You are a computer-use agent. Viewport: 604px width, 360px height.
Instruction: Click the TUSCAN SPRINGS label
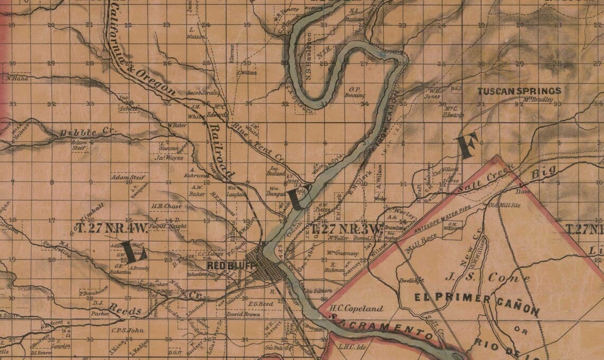[x=519, y=91]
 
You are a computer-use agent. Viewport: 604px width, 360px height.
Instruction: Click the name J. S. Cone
[x=487, y=277]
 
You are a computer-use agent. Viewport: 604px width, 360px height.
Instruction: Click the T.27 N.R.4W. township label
[x=111, y=230]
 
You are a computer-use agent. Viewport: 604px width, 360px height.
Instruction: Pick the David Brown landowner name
[x=243, y=314]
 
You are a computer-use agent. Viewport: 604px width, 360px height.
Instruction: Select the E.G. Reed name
[x=260, y=304]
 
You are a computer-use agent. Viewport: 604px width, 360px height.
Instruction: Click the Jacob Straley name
[x=203, y=93]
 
